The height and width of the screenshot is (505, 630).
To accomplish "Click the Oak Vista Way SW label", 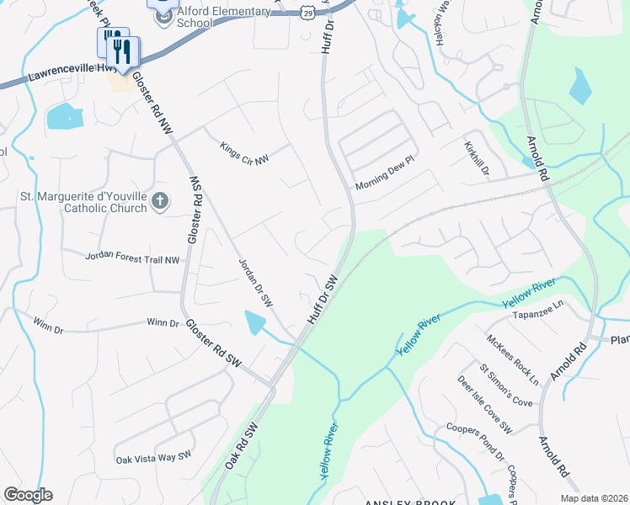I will (x=154, y=457).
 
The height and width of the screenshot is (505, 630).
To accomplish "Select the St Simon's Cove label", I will (x=506, y=385).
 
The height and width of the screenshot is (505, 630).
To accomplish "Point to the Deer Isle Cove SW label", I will (x=484, y=405).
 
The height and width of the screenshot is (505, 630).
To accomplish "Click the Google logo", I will (x=28, y=495).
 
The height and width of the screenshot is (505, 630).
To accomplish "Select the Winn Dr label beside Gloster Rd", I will (x=163, y=322).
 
